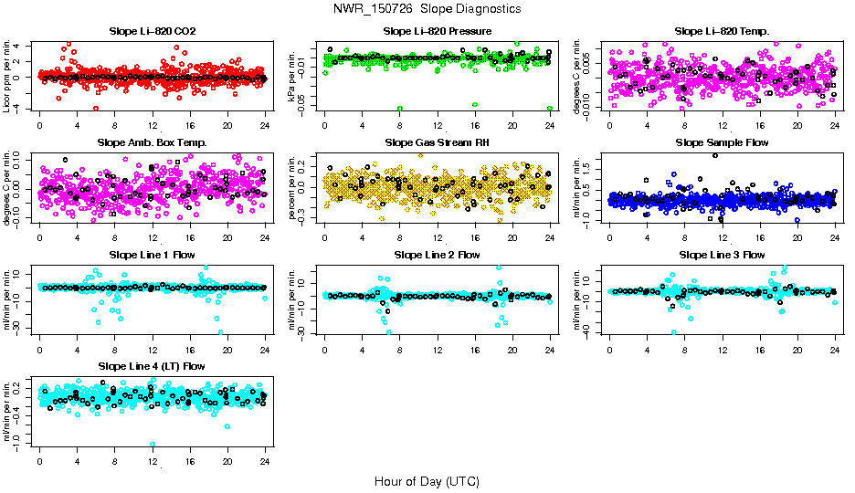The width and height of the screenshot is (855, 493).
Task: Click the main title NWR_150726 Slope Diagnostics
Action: (x=427, y=8)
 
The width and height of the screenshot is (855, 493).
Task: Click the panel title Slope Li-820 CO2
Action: (x=152, y=32)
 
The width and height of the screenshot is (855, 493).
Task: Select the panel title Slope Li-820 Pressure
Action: (x=437, y=32)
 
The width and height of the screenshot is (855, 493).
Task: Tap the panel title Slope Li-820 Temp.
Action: (x=722, y=32)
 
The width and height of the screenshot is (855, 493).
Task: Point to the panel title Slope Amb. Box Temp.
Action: (x=152, y=143)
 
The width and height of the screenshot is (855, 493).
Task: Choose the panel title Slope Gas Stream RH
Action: (x=437, y=143)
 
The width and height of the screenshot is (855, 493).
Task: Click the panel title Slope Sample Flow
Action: (x=722, y=143)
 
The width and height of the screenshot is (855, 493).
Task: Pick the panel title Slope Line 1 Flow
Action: (x=152, y=255)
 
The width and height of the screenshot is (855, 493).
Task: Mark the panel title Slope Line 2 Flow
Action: (x=437, y=255)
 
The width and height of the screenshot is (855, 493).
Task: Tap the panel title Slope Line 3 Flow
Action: (x=722, y=255)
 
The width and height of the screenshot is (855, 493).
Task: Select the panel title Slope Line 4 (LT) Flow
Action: (x=152, y=366)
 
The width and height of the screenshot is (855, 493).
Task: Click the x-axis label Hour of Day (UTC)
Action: (x=427, y=481)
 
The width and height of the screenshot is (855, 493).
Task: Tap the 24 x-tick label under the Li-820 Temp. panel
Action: (x=835, y=125)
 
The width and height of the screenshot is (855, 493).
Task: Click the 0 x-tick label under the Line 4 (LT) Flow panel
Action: (x=39, y=459)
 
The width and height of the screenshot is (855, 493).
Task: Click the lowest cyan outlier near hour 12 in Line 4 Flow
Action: (x=152, y=444)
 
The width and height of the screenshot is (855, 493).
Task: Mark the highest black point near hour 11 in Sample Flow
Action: (x=714, y=155)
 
